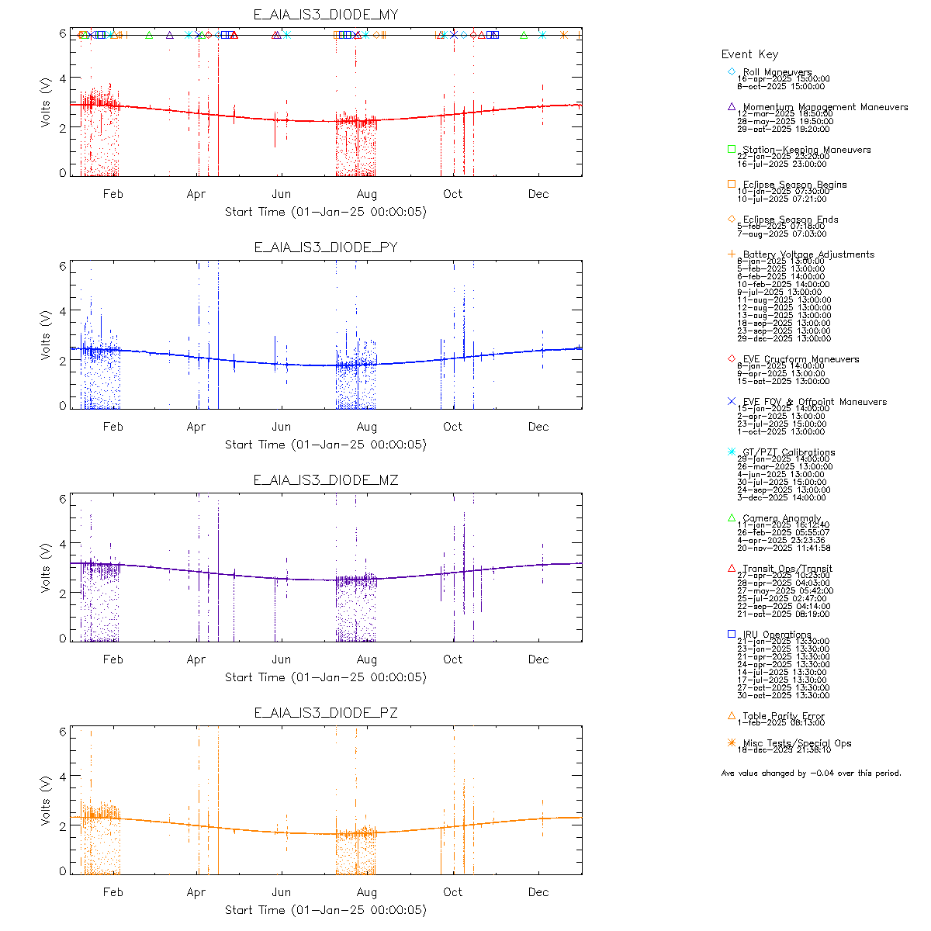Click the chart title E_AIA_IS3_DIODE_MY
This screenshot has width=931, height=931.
pos(326,15)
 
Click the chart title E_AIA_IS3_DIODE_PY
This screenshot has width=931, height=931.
pos(326,247)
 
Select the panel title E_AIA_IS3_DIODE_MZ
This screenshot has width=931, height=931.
pos(326,480)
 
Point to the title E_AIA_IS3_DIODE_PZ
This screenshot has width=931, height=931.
pos(326,713)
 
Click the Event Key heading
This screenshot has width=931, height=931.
pos(749,54)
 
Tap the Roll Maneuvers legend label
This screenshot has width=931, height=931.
pos(777,72)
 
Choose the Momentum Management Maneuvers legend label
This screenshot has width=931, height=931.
pos(825,107)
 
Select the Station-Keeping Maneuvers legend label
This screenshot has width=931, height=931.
pos(806,150)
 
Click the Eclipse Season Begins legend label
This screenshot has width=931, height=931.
pos(794,185)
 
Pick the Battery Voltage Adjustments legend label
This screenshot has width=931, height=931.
pos(808,254)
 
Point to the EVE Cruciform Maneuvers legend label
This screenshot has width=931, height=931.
pos(801,359)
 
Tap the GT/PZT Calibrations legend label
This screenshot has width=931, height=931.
pos(788,452)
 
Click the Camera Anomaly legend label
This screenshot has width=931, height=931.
pos(781,518)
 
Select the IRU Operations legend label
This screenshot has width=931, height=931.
pos(777,635)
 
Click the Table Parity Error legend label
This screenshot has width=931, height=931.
pos(784,716)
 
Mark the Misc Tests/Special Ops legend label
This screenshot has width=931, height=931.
pos(797,743)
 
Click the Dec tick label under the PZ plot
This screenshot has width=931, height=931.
pos(538,892)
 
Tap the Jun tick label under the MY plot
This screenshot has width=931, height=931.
pos(281,194)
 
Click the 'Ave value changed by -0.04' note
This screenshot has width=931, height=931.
pos(811,773)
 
